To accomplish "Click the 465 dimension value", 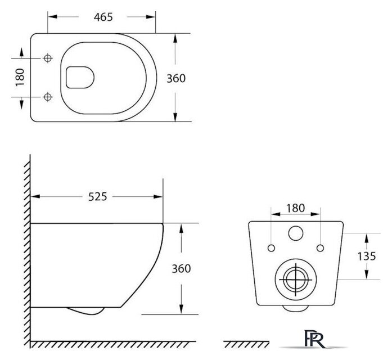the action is pyautogui.click(x=103, y=17).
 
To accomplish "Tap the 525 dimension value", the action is pyautogui.click(x=97, y=197).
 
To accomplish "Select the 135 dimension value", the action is pyautogui.click(x=367, y=256).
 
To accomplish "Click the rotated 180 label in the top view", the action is pyautogui.click(x=20, y=78).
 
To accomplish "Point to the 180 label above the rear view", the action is pyautogui.click(x=295, y=208).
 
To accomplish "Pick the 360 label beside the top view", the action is pyautogui.click(x=176, y=79).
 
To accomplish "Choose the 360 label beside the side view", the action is pyautogui.click(x=181, y=269).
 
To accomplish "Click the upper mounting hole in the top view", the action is pyautogui.click(x=47, y=58).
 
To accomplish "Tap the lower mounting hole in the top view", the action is pyautogui.click(x=47, y=97).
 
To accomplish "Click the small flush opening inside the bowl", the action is pyautogui.click(x=80, y=78).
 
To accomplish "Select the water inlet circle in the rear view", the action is pyautogui.click(x=296, y=233).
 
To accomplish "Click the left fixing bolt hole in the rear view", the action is pyautogui.click(x=271, y=248).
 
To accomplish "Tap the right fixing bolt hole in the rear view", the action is pyautogui.click(x=320, y=248).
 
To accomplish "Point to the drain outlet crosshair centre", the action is pyautogui.click(x=296, y=279).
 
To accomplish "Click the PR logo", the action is pyautogui.click(x=314, y=339).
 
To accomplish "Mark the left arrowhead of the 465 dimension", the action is pyautogui.click(x=52, y=17).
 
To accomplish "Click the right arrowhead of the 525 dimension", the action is pyautogui.click(x=158, y=197).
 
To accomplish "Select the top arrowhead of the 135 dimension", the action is pyautogui.click(x=367, y=238).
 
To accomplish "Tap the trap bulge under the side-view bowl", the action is pyautogui.click(x=85, y=311).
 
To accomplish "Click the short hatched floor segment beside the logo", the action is pyautogui.click(x=246, y=344).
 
